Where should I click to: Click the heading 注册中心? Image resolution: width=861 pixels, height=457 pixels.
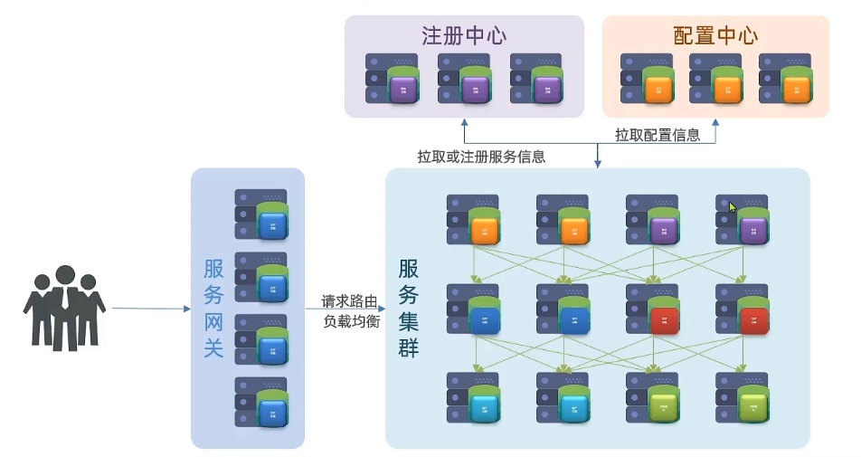coord(463,36)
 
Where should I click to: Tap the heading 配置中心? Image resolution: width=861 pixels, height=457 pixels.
coord(715,36)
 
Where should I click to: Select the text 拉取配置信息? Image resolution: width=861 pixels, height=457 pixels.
coord(658,135)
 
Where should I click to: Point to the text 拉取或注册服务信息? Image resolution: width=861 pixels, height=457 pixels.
coord(481,156)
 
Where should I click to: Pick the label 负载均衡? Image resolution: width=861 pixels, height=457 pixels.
coord(347,319)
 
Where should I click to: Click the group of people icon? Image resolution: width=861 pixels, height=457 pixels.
coord(63,308)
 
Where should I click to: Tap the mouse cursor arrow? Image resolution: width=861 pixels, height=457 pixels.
coord(733,207)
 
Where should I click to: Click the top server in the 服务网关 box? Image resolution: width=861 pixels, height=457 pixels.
coord(261,214)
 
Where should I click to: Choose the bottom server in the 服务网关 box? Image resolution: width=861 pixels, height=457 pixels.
coord(261,401)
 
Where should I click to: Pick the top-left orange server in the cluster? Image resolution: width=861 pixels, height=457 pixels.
coord(474,219)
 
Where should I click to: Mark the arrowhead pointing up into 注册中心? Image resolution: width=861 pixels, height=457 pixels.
coord(464,121)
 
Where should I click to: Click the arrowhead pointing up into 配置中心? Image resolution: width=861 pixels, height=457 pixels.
coord(716,121)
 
